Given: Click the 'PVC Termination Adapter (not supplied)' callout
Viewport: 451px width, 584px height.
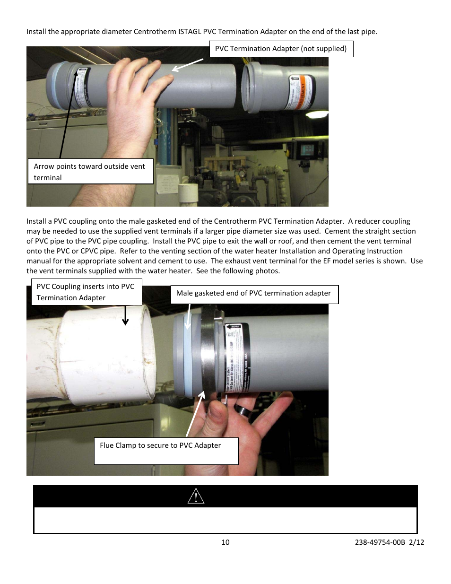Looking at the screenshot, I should pyautogui.click(x=281, y=49).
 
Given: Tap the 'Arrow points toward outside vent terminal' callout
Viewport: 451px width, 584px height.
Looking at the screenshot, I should pyautogui.click(x=90, y=172).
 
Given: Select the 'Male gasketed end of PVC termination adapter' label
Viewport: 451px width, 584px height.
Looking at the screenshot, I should pyautogui.click(x=254, y=294).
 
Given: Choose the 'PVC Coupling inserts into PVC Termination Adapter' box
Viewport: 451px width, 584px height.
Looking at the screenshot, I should pyautogui.click(x=86, y=292).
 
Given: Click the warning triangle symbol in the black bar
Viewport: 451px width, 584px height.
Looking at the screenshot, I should pyautogui.click(x=196, y=496).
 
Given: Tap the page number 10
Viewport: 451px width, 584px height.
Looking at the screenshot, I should pyautogui.click(x=225, y=542).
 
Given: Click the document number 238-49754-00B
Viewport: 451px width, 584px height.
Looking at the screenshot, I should pyautogui.click(x=380, y=542).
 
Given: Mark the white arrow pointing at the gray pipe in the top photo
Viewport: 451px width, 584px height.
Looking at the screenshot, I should pyautogui.click(x=187, y=65).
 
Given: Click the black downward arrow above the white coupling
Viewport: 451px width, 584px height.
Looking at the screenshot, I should pyautogui.click(x=125, y=315).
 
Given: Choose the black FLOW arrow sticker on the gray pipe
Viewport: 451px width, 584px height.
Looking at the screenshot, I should pyautogui.click(x=234, y=327).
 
